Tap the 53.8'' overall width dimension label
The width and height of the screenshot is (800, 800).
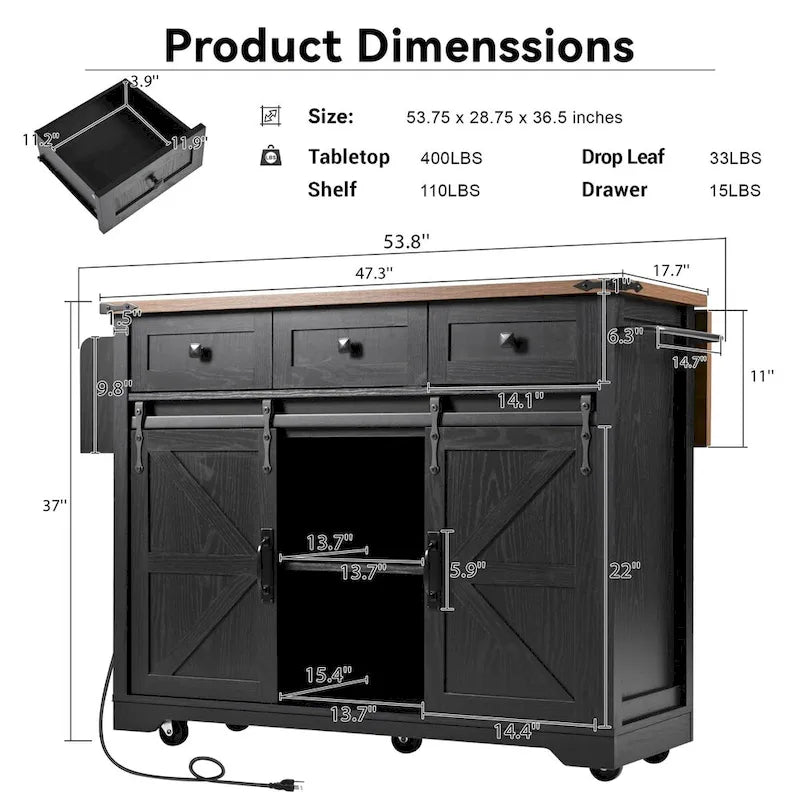click(x=402, y=241)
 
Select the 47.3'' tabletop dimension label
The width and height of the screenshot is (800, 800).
click(x=373, y=272)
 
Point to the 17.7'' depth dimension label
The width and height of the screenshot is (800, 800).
click(x=667, y=271)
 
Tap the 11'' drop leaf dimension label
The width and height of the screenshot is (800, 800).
click(x=762, y=376)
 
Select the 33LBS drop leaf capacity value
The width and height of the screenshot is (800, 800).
click(x=735, y=158)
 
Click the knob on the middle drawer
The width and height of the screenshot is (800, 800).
click(x=349, y=346)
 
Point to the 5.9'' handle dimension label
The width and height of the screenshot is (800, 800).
click(x=468, y=571)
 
